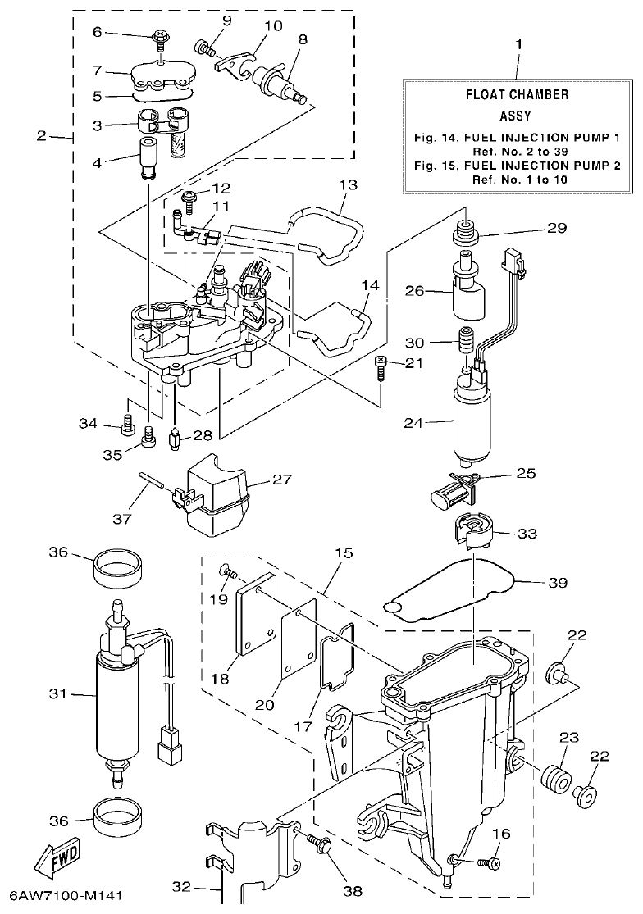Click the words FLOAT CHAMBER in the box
517,94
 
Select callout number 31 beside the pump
57,693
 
